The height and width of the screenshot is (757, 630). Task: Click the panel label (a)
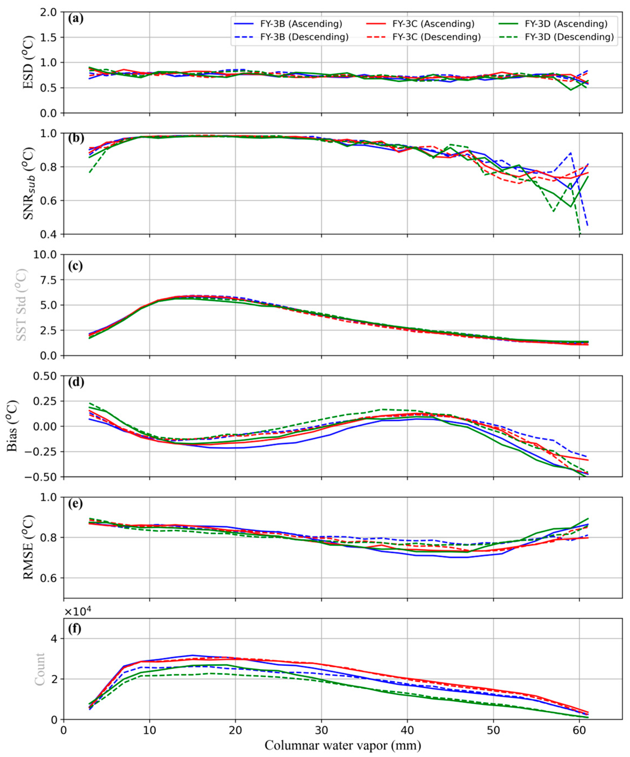click(76, 18)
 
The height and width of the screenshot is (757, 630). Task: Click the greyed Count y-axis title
click(39, 669)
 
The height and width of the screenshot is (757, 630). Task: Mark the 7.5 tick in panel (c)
click(50, 280)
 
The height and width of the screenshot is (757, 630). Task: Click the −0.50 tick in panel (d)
click(45, 477)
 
